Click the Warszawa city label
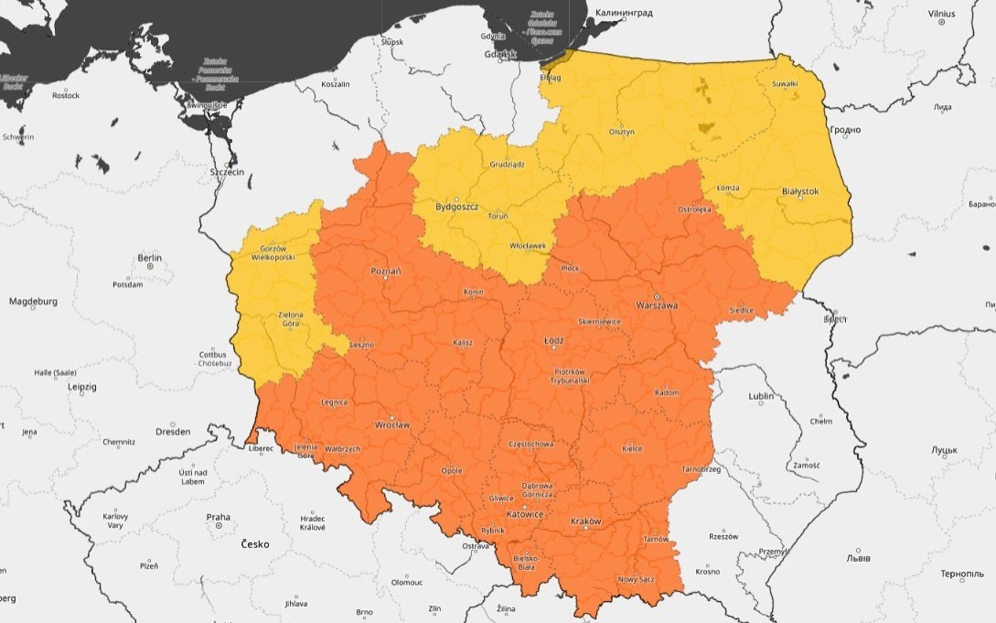657,306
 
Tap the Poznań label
385,271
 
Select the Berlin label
149,258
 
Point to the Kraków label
585,521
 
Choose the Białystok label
800,191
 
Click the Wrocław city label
392,425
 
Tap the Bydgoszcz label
457,207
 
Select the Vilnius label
941,14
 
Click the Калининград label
625,14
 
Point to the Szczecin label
228,172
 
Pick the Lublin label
761,396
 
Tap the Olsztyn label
622,132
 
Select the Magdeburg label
34,301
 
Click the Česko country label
255,543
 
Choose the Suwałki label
786,84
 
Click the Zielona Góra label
290,319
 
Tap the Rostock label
66,95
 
